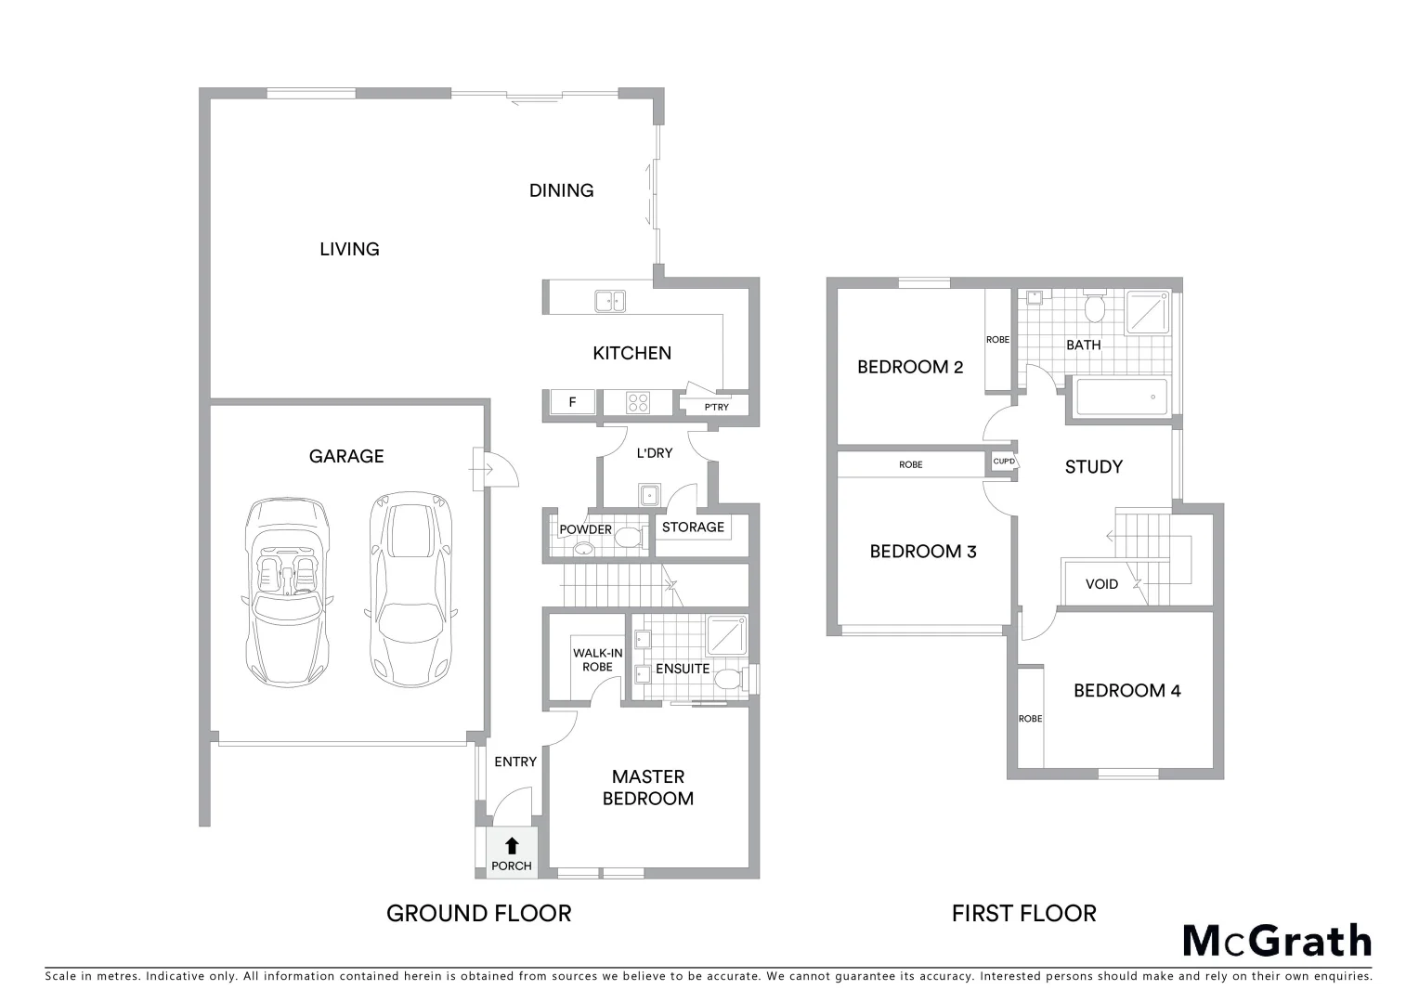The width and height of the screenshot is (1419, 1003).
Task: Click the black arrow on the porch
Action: (511, 845)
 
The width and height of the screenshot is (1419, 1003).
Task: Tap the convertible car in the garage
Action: (287, 591)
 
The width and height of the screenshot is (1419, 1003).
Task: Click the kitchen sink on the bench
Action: (610, 300)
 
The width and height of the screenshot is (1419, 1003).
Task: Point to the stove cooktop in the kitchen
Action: (638, 403)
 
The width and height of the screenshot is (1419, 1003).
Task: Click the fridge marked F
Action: (572, 403)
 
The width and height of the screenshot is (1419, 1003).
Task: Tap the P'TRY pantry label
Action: (716, 408)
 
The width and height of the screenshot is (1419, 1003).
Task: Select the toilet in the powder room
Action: (631, 537)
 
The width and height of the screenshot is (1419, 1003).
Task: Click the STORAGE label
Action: (693, 528)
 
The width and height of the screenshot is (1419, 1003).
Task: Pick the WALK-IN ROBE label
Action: (597, 660)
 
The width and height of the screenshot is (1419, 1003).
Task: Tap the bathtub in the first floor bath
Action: (1121, 397)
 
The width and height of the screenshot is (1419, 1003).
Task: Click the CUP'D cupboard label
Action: (1004, 462)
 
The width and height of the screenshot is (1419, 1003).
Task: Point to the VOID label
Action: (1101, 584)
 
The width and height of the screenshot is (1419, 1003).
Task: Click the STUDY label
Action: (1093, 467)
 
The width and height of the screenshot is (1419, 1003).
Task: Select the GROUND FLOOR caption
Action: (478, 914)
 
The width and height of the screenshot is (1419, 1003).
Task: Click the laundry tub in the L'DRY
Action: (647, 493)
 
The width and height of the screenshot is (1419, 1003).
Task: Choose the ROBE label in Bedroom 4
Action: (1030, 719)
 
